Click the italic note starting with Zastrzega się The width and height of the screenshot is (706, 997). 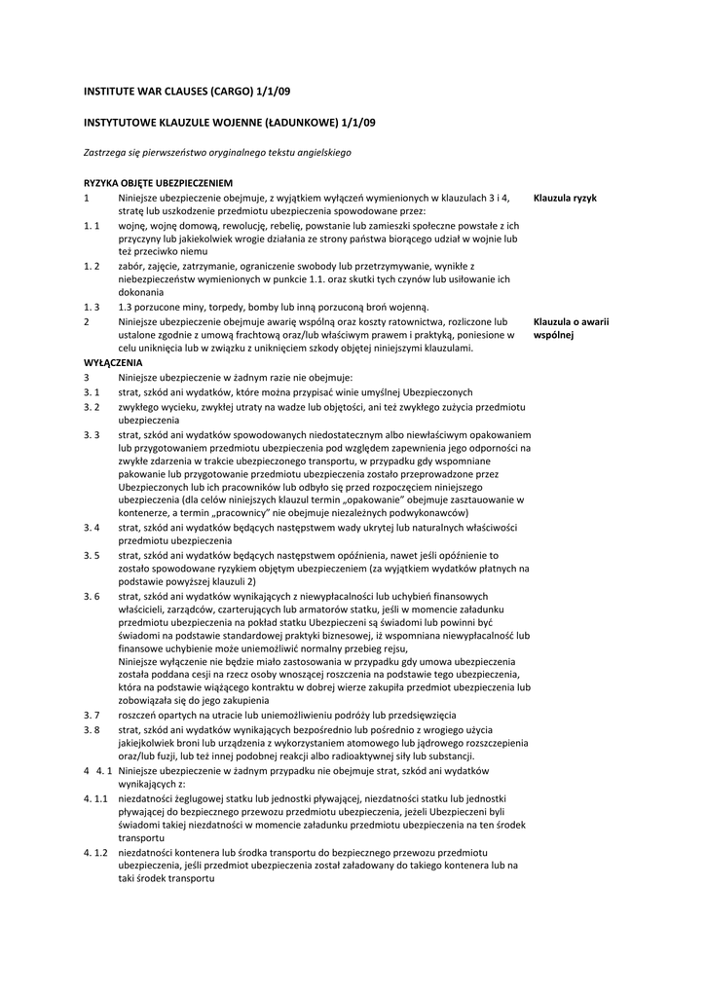coord(216,152)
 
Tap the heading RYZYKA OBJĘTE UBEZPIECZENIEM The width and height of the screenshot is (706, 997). coord(158,182)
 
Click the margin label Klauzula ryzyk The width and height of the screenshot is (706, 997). coord(565,197)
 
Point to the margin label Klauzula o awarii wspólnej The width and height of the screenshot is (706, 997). coord(571,327)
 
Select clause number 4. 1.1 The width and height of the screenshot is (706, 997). coord(95,797)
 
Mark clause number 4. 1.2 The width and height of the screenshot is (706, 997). coord(95,852)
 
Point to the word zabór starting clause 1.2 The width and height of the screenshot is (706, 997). coord(131,265)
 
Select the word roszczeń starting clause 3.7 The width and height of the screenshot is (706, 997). coord(139,715)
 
